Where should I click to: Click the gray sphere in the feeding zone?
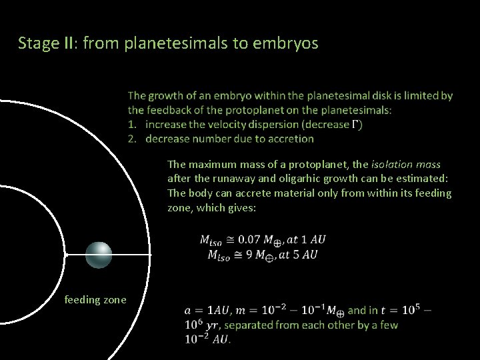[x=99, y=254]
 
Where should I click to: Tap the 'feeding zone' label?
[x=95, y=300]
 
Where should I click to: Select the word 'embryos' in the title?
[x=288, y=44]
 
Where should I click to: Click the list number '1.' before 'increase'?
[x=132, y=125]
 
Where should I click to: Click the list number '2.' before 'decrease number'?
[x=132, y=139]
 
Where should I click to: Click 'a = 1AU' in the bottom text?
[x=207, y=311]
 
